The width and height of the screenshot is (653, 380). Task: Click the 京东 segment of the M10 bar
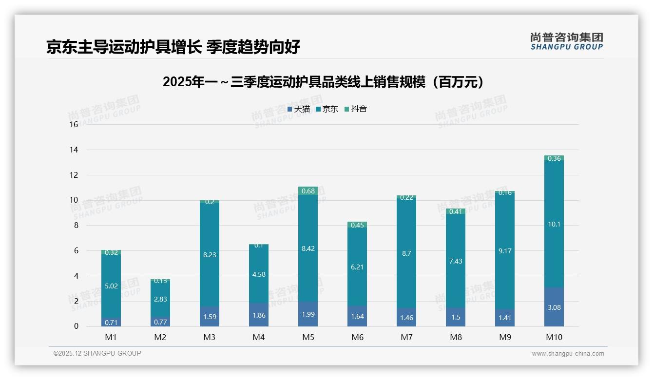point(554,224)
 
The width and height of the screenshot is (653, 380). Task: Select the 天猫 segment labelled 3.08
point(554,307)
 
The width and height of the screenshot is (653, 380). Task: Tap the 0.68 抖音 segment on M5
point(308,191)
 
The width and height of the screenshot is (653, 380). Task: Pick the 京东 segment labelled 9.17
point(505,251)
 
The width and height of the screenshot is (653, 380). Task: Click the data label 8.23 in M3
point(210,255)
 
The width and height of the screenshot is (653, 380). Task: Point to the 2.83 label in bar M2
point(160,299)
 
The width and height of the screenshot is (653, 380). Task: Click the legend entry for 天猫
point(299,109)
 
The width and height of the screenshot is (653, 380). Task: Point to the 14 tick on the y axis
point(74,150)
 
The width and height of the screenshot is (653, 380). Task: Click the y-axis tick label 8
point(76,226)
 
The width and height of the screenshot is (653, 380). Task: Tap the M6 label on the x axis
point(357,337)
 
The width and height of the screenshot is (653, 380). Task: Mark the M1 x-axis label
point(111,337)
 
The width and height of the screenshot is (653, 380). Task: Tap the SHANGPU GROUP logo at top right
point(566,41)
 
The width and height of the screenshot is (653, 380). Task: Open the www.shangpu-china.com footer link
point(568,354)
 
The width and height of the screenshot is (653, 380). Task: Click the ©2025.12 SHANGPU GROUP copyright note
point(97,354)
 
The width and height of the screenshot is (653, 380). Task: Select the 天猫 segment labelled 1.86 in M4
point(259,315)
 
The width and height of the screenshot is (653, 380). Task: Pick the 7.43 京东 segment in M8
point(456,262)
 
